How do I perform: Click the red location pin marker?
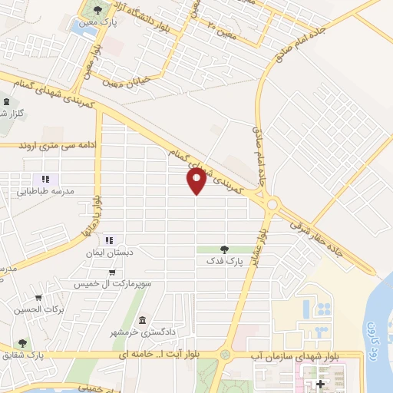pos(196,181)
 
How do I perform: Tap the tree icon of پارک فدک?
pos(223,249)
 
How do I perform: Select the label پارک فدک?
pos(223,262)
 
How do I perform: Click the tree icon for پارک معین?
pos(96,10)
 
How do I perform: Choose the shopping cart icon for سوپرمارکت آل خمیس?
pos(113,272)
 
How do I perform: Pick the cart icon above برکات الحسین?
pos(38,298)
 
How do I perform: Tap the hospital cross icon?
pos(320,384)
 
